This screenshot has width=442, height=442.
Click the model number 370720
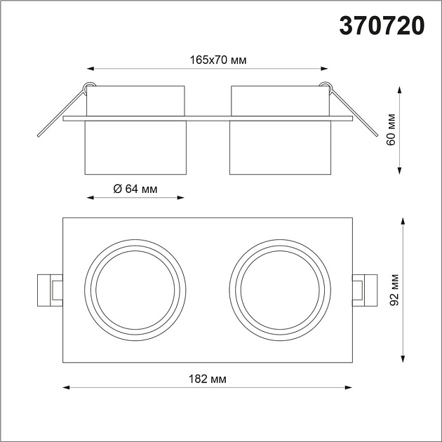pyautogui.click(x=382, y=25)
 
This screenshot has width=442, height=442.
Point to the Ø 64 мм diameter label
pyautogui.click(x=135, y=188)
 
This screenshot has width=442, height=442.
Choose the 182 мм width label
pyautogui.click(x=208, y=379)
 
